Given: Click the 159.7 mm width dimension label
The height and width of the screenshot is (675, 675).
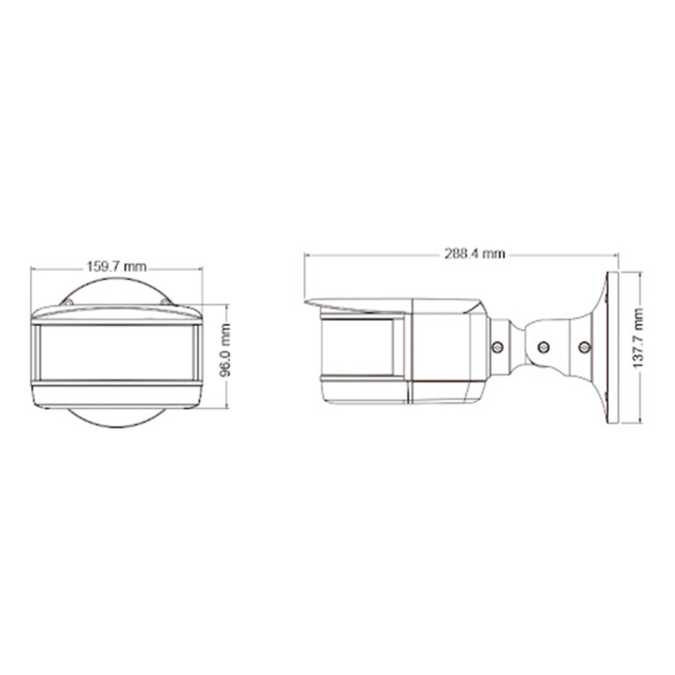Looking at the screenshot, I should point(116,267).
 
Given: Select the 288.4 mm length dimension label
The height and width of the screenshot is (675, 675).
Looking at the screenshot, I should point(474,254).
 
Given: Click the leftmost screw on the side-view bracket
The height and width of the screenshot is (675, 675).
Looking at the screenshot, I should point(498,346).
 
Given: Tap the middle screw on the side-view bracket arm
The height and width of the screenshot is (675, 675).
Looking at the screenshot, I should point(543,347).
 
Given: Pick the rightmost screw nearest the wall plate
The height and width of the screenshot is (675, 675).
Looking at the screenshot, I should point(583,347).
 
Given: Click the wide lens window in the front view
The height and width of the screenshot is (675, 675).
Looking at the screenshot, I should point(117,352).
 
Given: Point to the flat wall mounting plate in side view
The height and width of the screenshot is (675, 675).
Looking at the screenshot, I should point(612,348).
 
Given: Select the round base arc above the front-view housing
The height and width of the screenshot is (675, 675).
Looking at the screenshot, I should point(117,283).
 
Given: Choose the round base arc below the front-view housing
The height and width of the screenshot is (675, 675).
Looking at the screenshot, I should point(117,420).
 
